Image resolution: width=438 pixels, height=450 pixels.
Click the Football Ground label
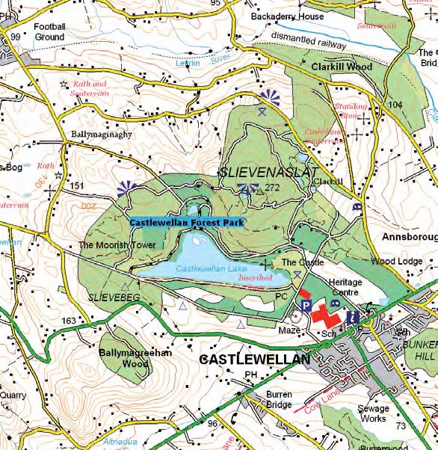tap(50, 31)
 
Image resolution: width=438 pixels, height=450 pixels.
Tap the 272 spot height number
tap(271, 188)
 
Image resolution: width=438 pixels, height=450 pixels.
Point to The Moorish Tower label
tap(117, 245)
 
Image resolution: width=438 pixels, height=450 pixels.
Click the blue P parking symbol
tap(306, 306)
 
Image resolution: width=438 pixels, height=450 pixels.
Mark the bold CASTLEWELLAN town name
tap(255, 360)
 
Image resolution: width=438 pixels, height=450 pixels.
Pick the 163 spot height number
tap(69, 321)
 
